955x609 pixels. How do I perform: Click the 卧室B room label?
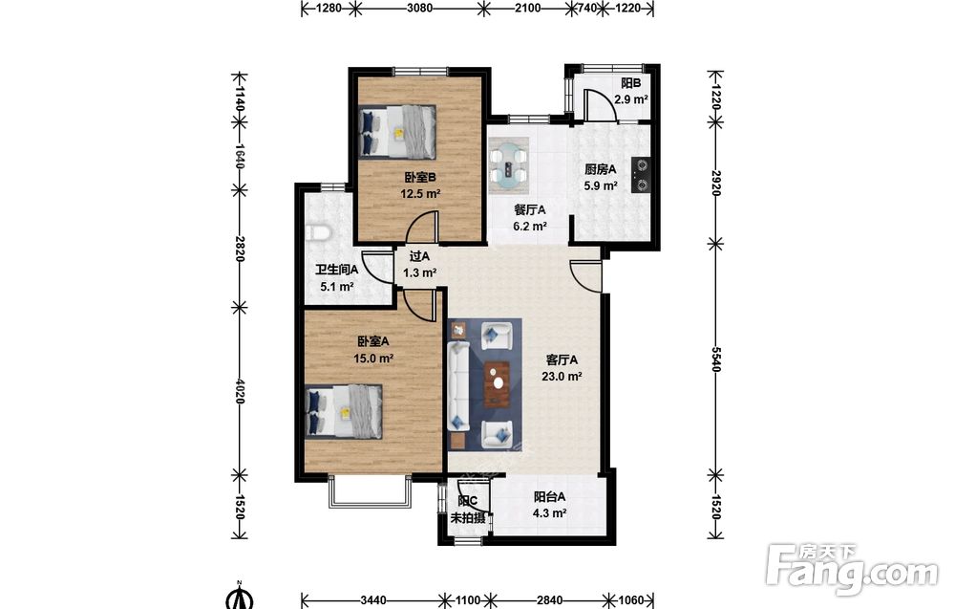pos(419,178)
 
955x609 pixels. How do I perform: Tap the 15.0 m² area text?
pos(373,359)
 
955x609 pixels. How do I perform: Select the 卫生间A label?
pos(336,269)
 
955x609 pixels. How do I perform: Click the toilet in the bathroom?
pos(317,232)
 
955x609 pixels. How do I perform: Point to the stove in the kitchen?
pos(641,175)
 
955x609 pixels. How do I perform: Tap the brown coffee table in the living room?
pos(497,384)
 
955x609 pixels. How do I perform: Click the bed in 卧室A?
pos(344,411)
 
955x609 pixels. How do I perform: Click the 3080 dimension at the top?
pos(419,8)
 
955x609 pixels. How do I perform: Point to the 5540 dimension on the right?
pos(715,359)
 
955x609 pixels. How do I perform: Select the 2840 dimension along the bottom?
pos(549,600)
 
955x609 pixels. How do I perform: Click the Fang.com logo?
pos(852,570)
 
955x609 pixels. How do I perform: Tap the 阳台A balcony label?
pos(550,497)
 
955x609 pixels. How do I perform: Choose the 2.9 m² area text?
pos(630,99)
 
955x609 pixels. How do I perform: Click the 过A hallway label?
pos(419,256)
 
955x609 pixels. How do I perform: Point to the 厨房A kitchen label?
pos(601,169)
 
